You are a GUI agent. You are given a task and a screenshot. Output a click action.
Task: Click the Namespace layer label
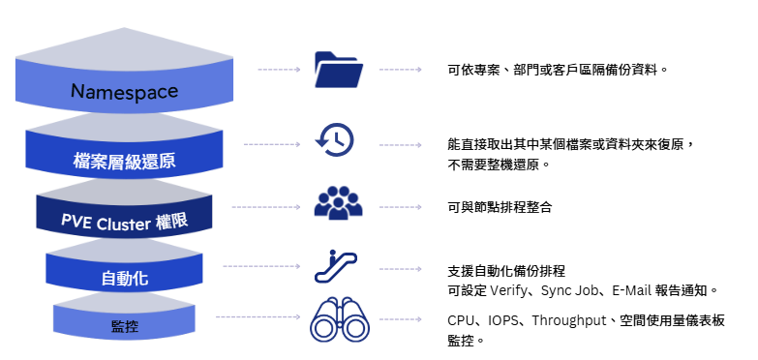(x=124, y=92)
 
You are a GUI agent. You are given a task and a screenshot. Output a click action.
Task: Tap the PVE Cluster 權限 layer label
(x=124, y=222)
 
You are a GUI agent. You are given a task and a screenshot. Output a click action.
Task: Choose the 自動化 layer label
(x=124, y=280)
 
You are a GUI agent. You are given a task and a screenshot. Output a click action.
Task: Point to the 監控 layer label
(x=124, y=326)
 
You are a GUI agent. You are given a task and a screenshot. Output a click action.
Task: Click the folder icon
(x=339, y=70)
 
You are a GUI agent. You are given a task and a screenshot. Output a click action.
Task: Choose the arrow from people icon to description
(x=400, y=207)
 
